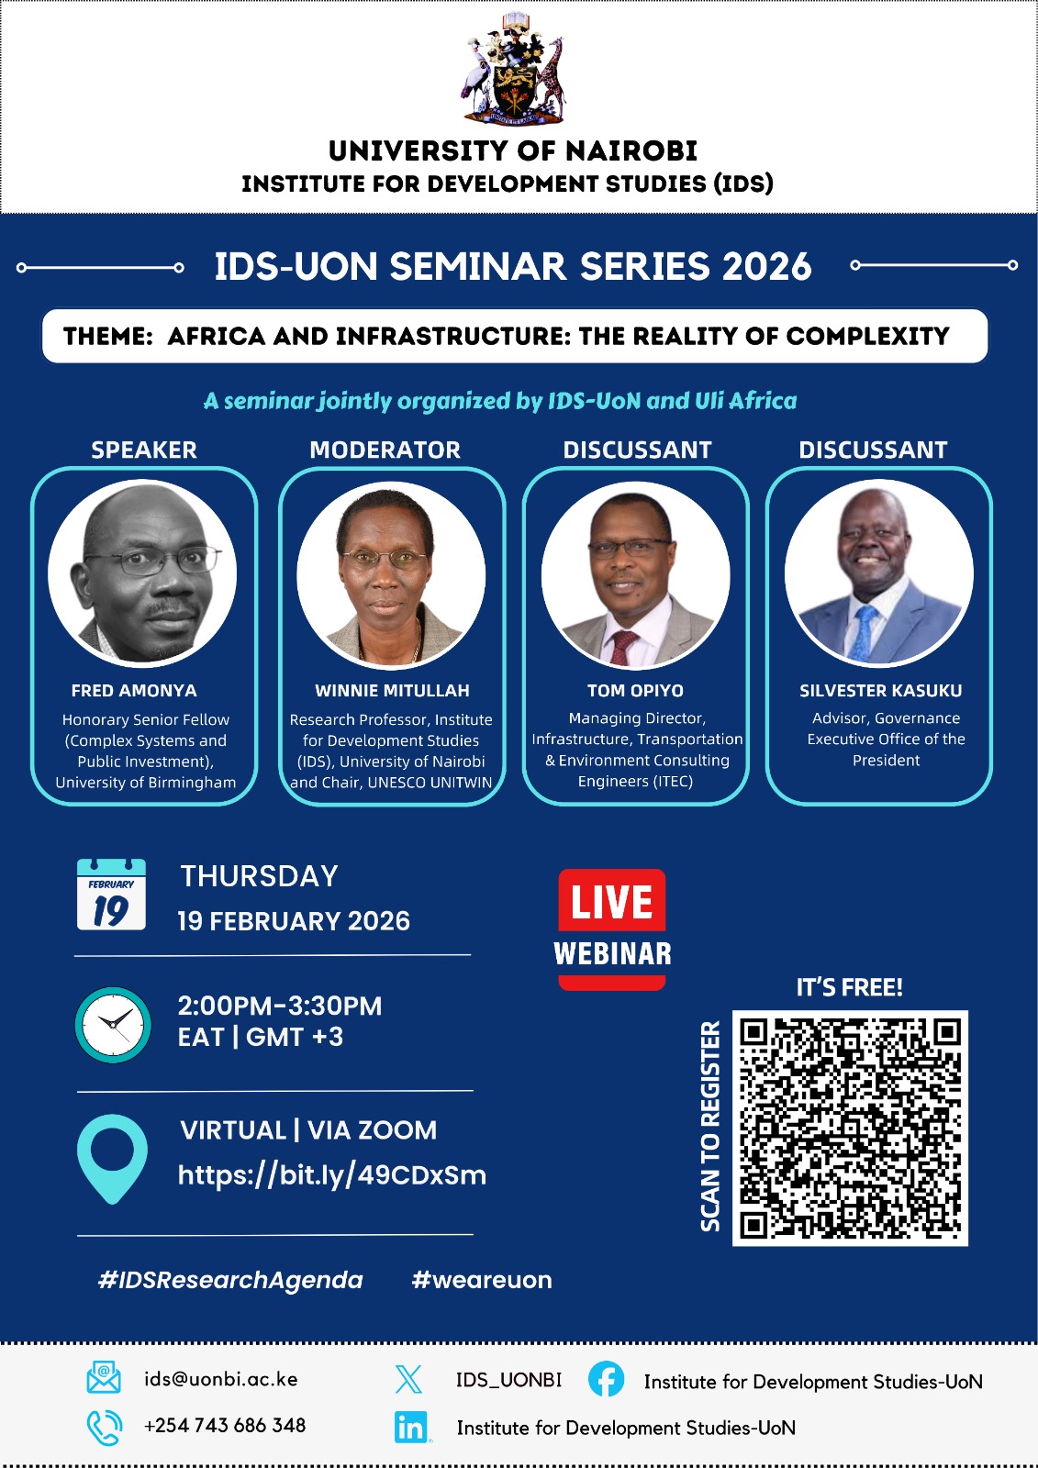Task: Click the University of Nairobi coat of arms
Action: [512, 69]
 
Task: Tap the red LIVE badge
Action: [612, 901]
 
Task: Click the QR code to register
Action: [850, 1128]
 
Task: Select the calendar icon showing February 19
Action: [111, 894]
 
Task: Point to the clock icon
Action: [113, 1024]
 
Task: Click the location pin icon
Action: [112, 1159]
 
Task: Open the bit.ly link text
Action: [332, 1175]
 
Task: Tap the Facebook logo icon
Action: [606, 1378]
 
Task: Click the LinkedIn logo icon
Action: [411, 1428]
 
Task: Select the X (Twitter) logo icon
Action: [409, 1379]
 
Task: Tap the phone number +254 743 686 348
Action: [225, 1426]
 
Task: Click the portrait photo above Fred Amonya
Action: [142, 573]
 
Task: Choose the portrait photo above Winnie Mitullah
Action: [391, 575]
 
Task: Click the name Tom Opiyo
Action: [635, 691]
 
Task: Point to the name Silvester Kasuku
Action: [881, 691]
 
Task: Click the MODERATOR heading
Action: [385, 450]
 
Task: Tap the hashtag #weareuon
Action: [482, 1280]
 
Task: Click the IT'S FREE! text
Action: [849, 987]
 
